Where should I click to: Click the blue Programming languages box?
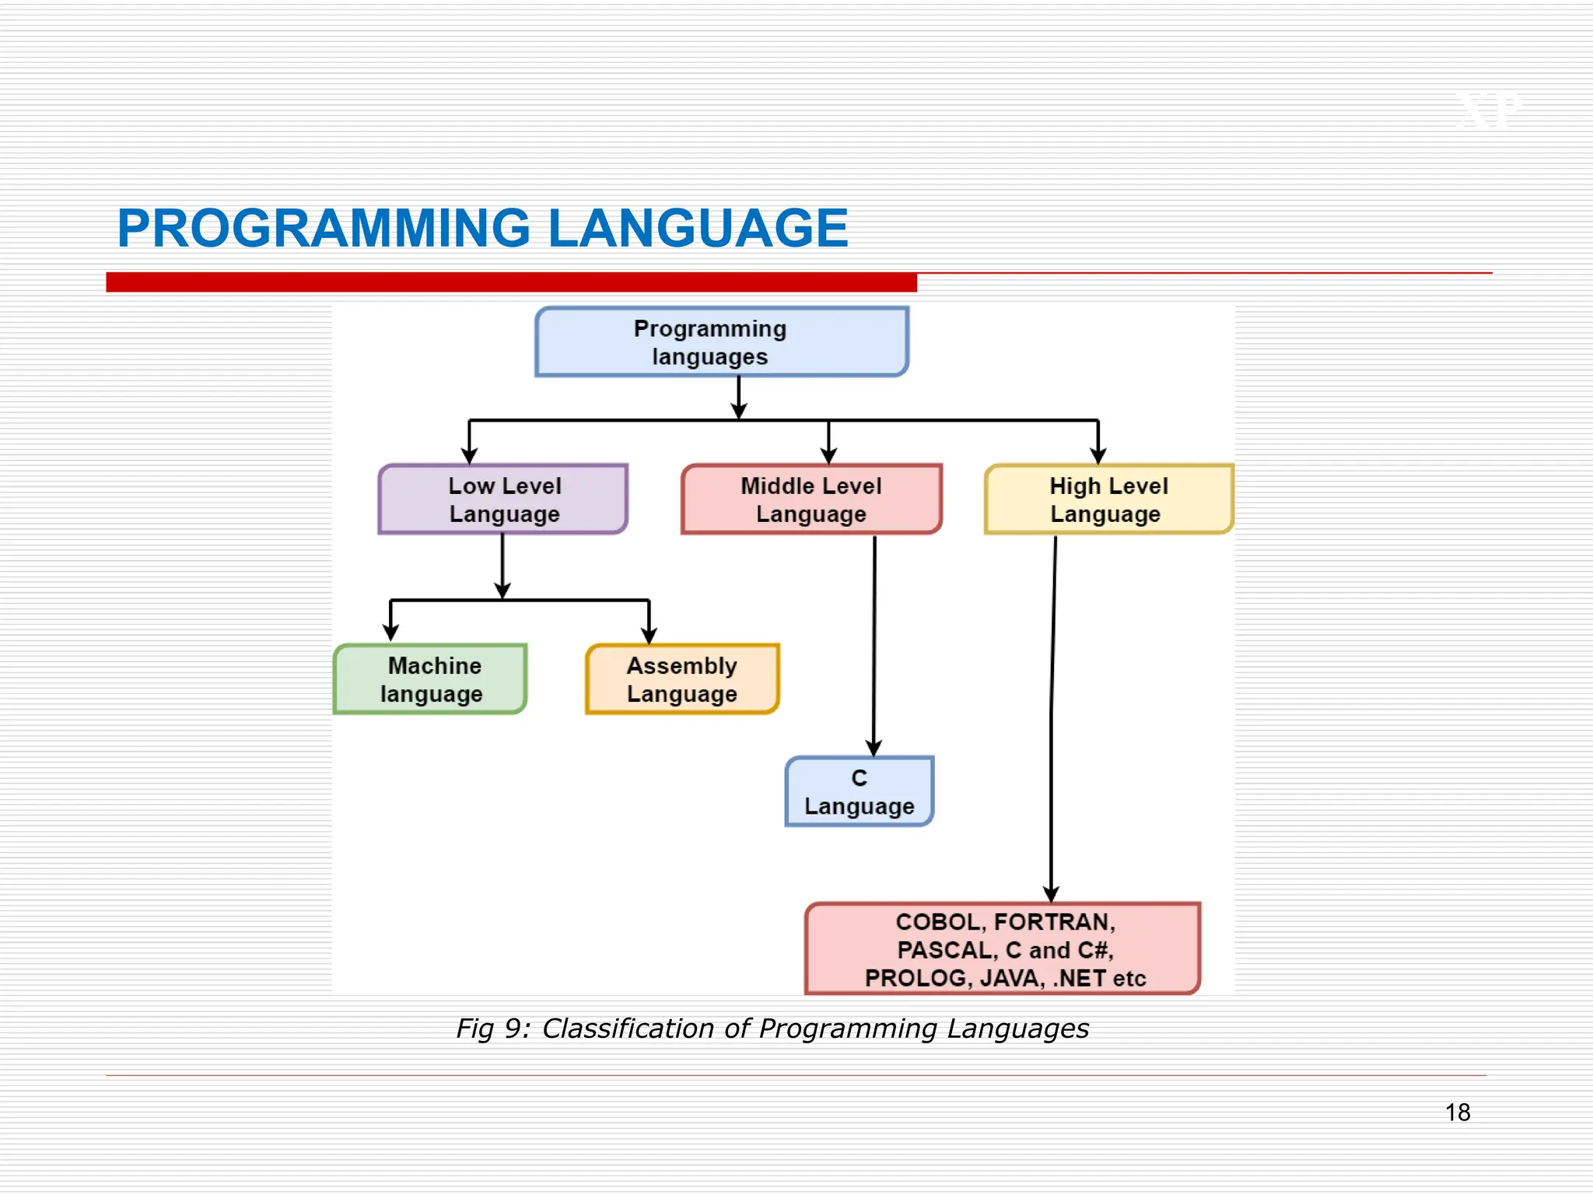[x=721, y=342]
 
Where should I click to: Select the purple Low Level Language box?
[x=503, y=499]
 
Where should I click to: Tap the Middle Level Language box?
[x=811, y=499]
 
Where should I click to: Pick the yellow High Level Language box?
[x=1108, y=499]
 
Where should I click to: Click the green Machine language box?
[x=431, y=679]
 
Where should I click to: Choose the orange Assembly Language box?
[x=682, y=679]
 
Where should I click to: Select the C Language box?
[x=859, y=792]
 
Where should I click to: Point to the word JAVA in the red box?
[x=1008, y=978]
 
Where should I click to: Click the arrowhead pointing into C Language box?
[x=874, y=748]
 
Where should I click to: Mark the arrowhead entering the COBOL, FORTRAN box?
[x=1051, y=895]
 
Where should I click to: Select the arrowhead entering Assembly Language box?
[x=649, y=636]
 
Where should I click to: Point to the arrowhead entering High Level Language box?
[x=1098, y=456]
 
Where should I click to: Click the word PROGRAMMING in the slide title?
[x=324, y=229]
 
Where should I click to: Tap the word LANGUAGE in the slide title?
[x=698, y=229]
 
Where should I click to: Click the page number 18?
[x=1457, y=1113]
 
